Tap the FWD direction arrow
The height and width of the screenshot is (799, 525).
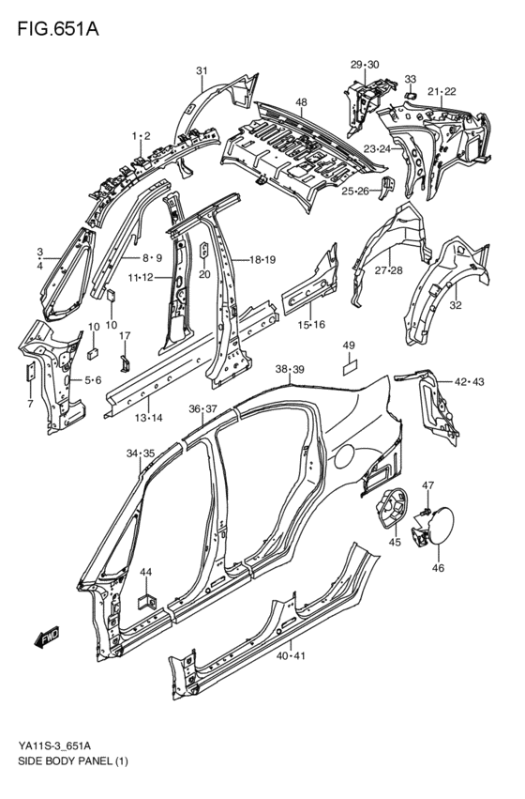45,639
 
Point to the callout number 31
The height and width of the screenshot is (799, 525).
202,71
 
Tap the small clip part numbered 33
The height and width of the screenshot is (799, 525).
409,94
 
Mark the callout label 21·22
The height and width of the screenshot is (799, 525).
442,91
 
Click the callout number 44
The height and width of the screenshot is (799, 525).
145,573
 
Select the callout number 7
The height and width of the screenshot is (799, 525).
31,404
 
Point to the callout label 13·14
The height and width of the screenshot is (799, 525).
148,417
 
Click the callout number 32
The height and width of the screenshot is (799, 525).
456,305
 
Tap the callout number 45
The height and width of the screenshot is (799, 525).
395,542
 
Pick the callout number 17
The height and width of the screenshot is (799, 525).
125,336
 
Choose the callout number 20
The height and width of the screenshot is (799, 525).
204,274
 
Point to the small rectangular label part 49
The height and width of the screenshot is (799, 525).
349,369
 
